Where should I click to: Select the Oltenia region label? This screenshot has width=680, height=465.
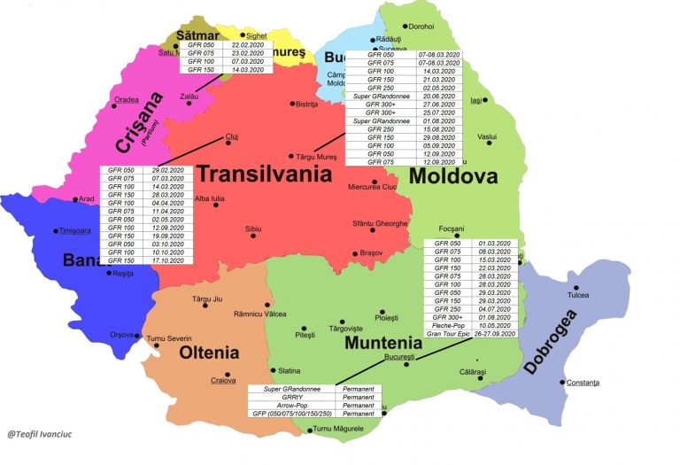coord(209,353)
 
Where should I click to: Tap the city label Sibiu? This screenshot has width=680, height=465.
coord(254,229)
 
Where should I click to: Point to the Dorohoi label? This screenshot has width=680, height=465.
coord(421,27)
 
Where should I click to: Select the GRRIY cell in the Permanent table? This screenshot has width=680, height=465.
coord(292,397)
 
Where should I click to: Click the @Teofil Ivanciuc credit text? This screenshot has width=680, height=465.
coord(42,434)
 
